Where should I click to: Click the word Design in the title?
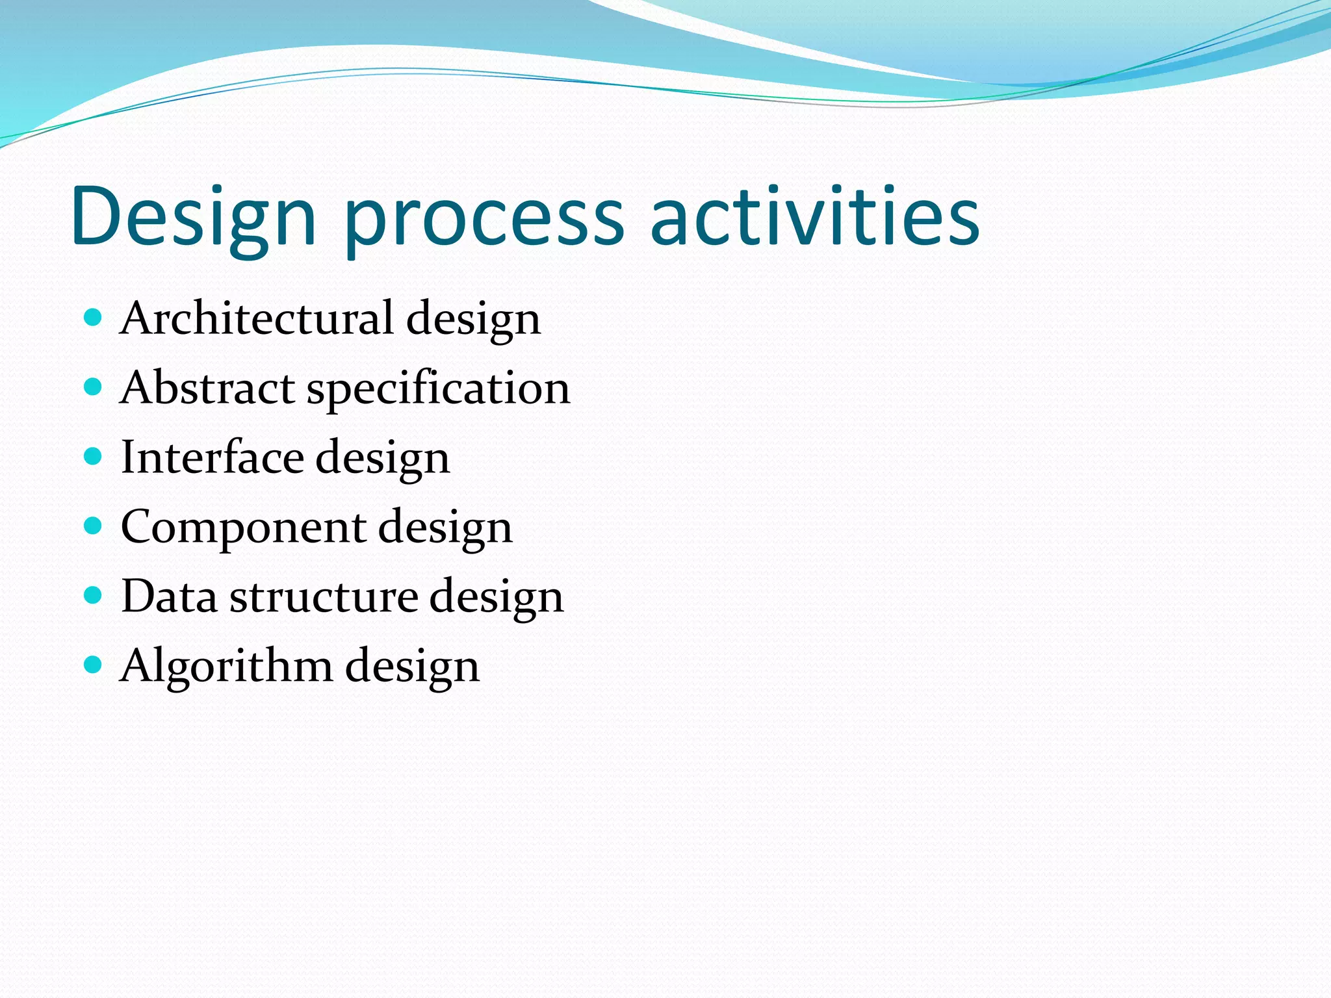[x=194, y=218]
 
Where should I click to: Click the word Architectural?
[x=257, y=318]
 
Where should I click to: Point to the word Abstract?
[x=207, y=388]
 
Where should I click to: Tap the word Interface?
[x=213, y=457]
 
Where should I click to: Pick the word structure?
[x=324, y=596]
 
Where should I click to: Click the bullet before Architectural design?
[x=94, y=318]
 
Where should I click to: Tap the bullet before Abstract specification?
[x=94, y=387]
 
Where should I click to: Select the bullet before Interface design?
[x=94, y=457]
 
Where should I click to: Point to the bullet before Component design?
[x=94, y=526]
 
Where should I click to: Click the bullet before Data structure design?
[x=94, y=595]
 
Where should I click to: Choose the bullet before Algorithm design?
[x=94, y=665]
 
